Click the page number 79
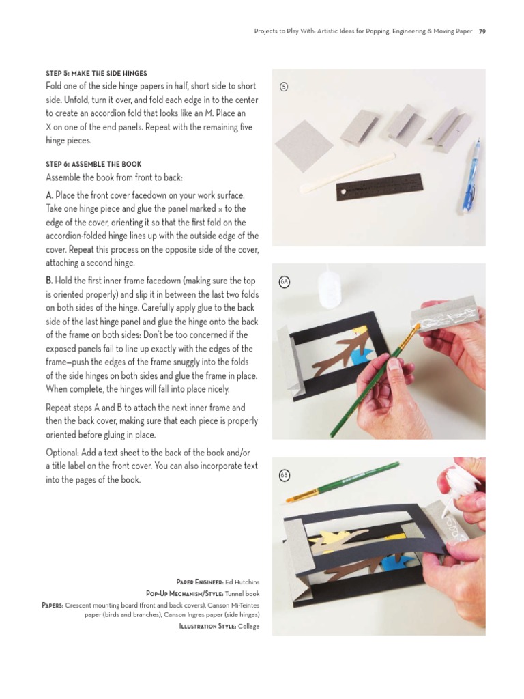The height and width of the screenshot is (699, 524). pos(482,31)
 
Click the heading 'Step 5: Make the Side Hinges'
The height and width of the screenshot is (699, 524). pos(96,73)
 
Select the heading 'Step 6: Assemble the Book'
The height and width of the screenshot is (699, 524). pos(93,165)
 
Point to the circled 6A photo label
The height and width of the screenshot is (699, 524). pos(285,281)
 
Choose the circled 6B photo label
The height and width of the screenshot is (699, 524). pos(285,474)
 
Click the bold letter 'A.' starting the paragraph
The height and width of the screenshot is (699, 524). pos(50,195)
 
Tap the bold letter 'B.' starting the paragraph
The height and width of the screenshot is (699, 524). pos(50,281)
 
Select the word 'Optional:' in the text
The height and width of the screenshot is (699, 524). pos(64,453)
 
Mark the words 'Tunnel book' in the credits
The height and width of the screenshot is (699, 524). pos(241,593)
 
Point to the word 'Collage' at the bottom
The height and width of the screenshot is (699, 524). pos(248,626)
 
